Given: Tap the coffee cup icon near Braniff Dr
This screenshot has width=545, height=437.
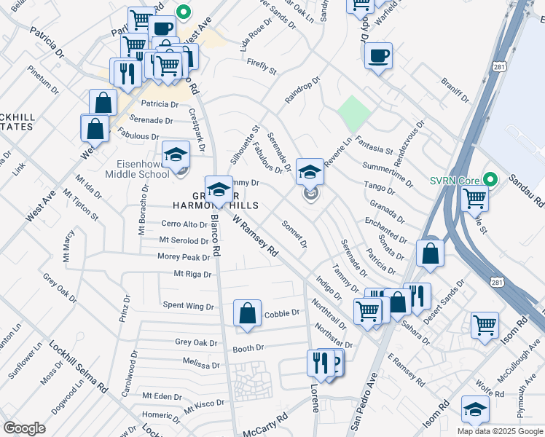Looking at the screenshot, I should pyautogui.click(x=377, y=56).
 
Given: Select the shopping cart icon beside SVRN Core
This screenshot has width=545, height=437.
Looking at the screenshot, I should pyautogui.click(x=474, y=197).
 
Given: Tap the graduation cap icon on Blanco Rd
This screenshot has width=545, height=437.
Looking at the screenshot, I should pyautogui.click(x=219, y=189).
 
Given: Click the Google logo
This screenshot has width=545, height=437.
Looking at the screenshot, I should pyautogui.click(x=24, y=428).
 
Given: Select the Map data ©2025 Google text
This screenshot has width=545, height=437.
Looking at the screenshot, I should pyautogui.click(x=500, y=431).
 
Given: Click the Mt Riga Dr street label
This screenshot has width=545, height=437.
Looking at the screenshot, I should pyautogui.click(x=192, y=275).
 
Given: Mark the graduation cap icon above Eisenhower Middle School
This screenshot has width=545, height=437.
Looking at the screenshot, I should pyautogui.click(x=176, y=154).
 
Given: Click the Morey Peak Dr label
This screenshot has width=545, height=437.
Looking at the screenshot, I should pyautogui.click(x=184, y=257).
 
